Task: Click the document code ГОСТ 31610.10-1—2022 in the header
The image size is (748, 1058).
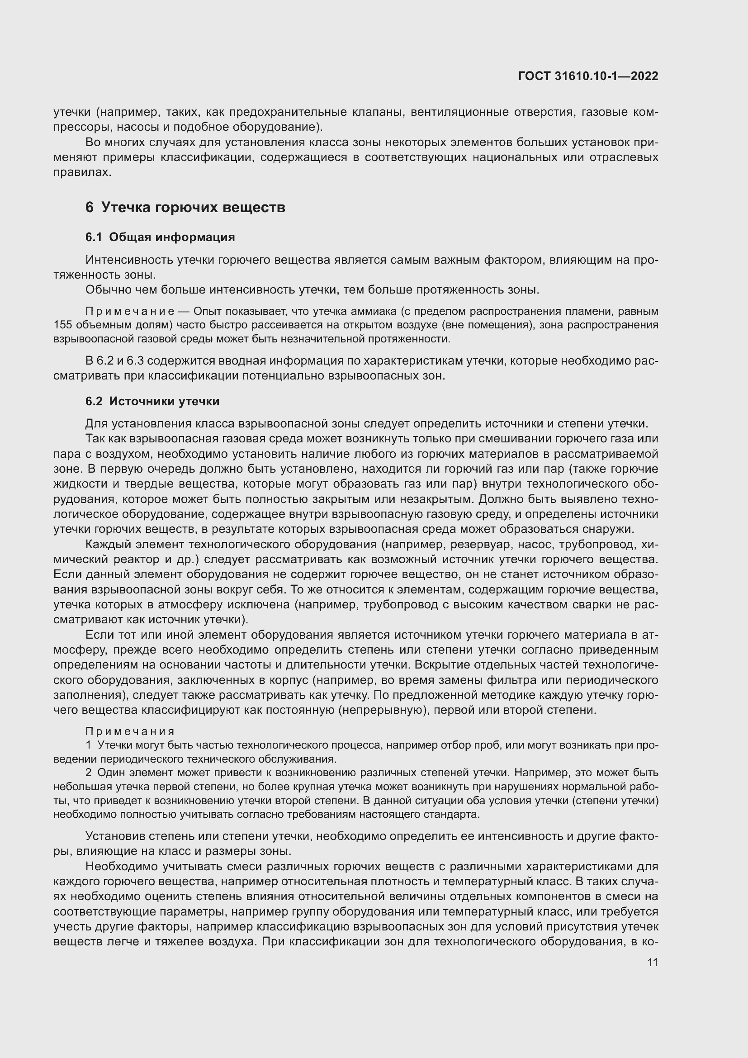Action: pos(588,76)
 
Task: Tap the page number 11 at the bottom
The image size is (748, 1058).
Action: pos(652,963)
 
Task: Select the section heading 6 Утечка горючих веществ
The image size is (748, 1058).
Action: pos(185,207)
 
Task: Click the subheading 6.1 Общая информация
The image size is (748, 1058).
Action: pos(160,237)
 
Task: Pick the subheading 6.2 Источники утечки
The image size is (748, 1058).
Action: pos(152,401)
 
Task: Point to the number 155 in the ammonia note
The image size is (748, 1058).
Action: pos(63,325)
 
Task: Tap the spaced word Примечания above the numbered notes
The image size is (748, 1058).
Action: pos(130,731)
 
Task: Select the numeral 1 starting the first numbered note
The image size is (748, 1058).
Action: pos(89,745)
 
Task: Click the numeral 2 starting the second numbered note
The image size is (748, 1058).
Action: pos(89,772)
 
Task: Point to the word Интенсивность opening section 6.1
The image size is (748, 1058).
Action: pos(129,260)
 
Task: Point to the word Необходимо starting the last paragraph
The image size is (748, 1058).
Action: pos(121,866)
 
